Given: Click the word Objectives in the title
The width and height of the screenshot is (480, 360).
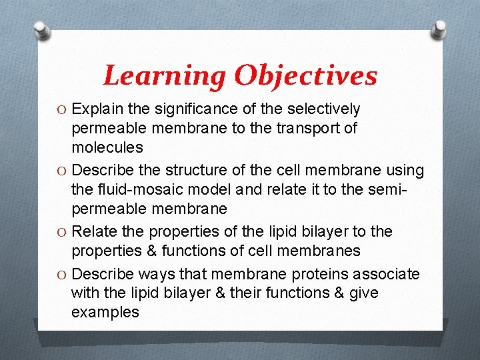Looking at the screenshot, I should (305, 76).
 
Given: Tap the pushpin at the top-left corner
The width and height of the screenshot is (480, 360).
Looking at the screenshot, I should (41, 29).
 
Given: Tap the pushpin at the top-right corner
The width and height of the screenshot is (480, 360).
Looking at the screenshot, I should (439, 28).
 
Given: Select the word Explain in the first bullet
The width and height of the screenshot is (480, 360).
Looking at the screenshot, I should (97, 109).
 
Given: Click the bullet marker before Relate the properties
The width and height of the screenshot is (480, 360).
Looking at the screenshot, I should (61, 232).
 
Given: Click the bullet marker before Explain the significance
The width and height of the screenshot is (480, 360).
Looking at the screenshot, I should (61, 109).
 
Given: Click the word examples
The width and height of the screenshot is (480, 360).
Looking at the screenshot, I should (105, 312).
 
